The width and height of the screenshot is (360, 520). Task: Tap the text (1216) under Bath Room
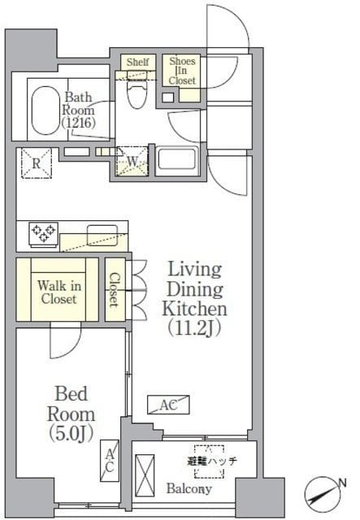[x=79, y=123]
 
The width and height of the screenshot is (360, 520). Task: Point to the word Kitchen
[x=194, y=310]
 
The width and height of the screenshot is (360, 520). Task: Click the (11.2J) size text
[x=194, y=329]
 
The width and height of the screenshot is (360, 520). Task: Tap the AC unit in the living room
[x=169, y=404]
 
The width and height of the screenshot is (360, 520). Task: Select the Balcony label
[x=190, y=489]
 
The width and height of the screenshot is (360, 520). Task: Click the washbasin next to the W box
[x=180, y=158]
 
